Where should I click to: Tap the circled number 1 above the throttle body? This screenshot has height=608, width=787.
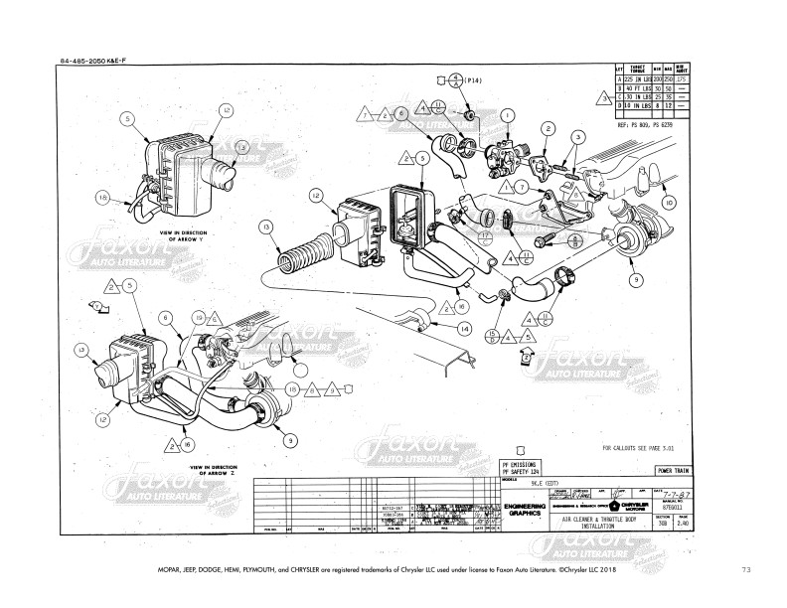[x=508, y=115]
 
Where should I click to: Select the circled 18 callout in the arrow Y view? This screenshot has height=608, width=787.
[x=102, y=198]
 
